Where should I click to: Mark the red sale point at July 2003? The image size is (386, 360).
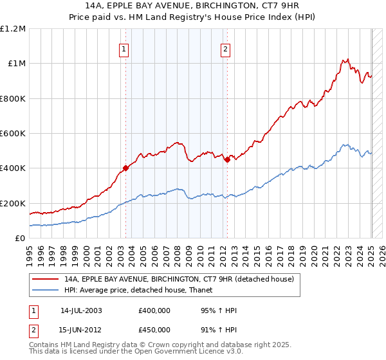pyautogui.click(x=126, y=168)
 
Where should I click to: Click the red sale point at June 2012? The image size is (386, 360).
pyautogui.click(x=228, y=160)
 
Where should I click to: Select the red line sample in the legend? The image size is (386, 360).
pyautogui.click(x=45, y=279)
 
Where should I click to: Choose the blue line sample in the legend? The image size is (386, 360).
pyautogui.click(x=45, y=290)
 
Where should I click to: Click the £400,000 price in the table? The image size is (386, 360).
pyautogui.click(x=154, y=310)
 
